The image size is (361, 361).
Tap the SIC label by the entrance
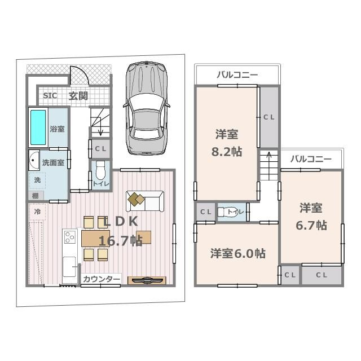50,95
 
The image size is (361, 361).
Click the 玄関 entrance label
78,95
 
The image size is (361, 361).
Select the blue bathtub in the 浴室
38,127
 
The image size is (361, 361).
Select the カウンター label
102,279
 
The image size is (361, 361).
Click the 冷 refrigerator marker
37,212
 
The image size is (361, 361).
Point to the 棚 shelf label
35,195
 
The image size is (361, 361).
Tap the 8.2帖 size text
226,152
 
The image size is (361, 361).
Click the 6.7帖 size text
311,225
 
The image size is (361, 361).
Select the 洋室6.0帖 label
238,253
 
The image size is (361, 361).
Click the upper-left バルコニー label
237,74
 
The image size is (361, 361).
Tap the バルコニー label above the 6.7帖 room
311,159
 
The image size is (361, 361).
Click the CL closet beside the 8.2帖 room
268,117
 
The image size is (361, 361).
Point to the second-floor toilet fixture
230,212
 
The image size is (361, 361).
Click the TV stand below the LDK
147,280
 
